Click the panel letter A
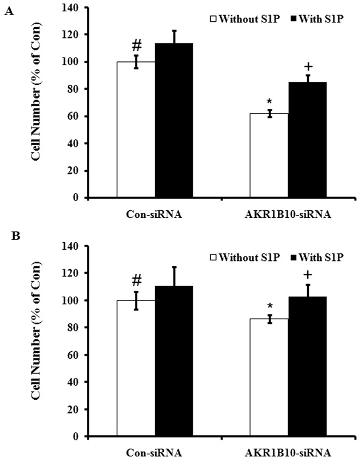point(9,12)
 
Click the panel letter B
point(9,235)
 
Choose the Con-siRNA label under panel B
point(154,453)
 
